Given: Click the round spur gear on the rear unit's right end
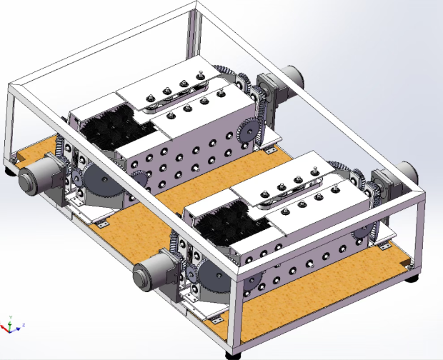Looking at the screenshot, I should click(246, 131).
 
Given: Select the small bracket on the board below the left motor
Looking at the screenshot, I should click(101, 224).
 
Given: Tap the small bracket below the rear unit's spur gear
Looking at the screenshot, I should click(269, 151).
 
